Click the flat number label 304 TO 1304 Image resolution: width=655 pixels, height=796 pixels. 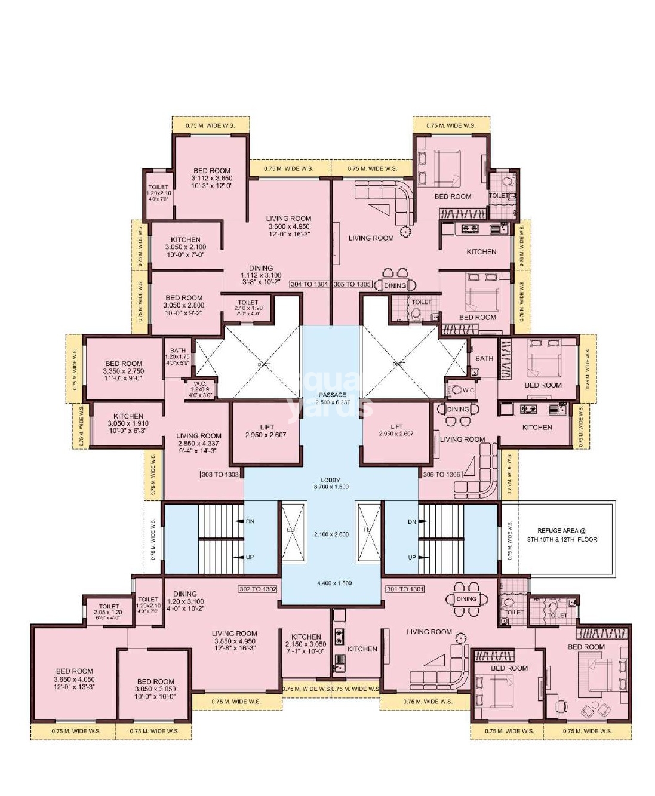click(309, 284)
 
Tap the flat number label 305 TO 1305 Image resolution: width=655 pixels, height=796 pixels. click(352, 284)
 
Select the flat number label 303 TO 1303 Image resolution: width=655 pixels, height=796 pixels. click(220, 474)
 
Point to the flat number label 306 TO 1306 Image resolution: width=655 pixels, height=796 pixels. click(442, 474)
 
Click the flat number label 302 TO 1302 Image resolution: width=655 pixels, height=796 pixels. click(257, 589)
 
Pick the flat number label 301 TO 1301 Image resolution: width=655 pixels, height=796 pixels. click(405, 589)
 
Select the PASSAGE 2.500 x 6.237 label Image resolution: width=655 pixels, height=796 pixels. click(333, 398)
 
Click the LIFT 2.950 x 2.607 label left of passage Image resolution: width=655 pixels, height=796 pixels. click(266, 431)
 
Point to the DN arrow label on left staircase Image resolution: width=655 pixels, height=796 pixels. click(249, 521)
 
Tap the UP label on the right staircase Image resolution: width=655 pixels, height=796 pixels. click(412, 557)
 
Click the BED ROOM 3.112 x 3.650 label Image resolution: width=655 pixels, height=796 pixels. click(212, 178)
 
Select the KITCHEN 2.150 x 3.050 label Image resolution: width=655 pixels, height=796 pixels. click(306, 644)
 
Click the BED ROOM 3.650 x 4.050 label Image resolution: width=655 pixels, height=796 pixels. click(75, 679)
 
